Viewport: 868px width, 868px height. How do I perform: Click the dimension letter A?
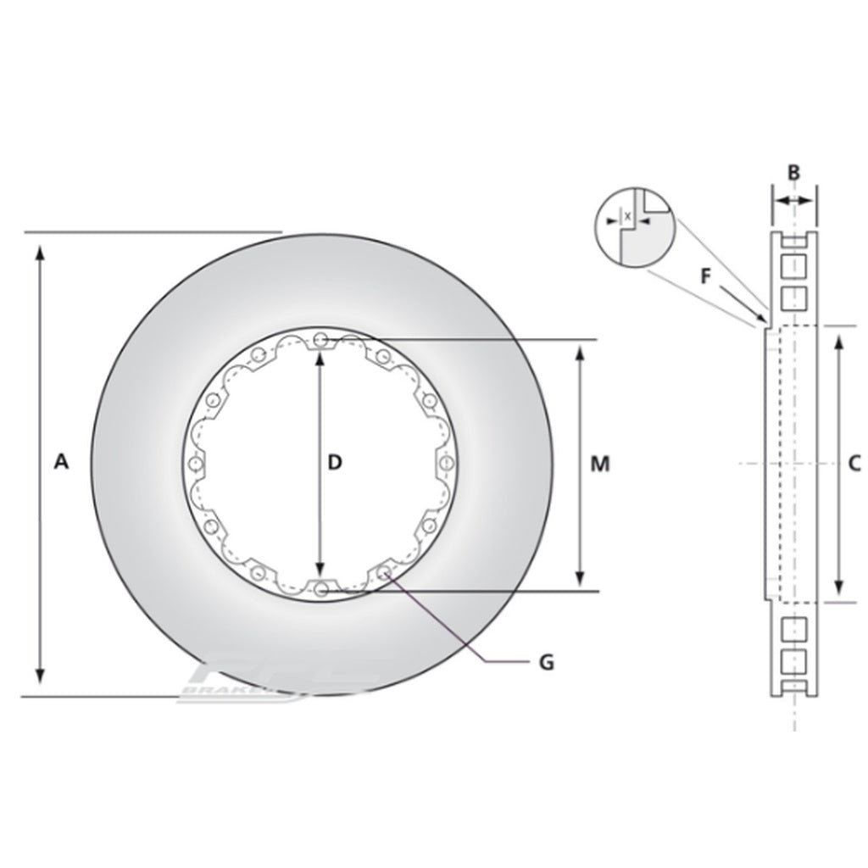click(x=59, y=462)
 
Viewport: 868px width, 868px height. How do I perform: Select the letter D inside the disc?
click(x=335, y=462)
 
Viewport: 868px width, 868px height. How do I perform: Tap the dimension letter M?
click(x=600, y=464)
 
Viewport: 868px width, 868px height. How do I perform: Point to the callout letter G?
click(x=546, y=662)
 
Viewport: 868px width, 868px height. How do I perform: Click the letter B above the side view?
click(x=793, y=172)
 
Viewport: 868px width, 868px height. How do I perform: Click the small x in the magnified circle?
click(x=627, y=217)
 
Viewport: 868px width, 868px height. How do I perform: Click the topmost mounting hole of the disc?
click(x=320, y=341)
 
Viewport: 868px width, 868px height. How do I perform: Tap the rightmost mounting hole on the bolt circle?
click(x=446, y=463)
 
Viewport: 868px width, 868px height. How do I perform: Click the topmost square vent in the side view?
click(x=793, y=268)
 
